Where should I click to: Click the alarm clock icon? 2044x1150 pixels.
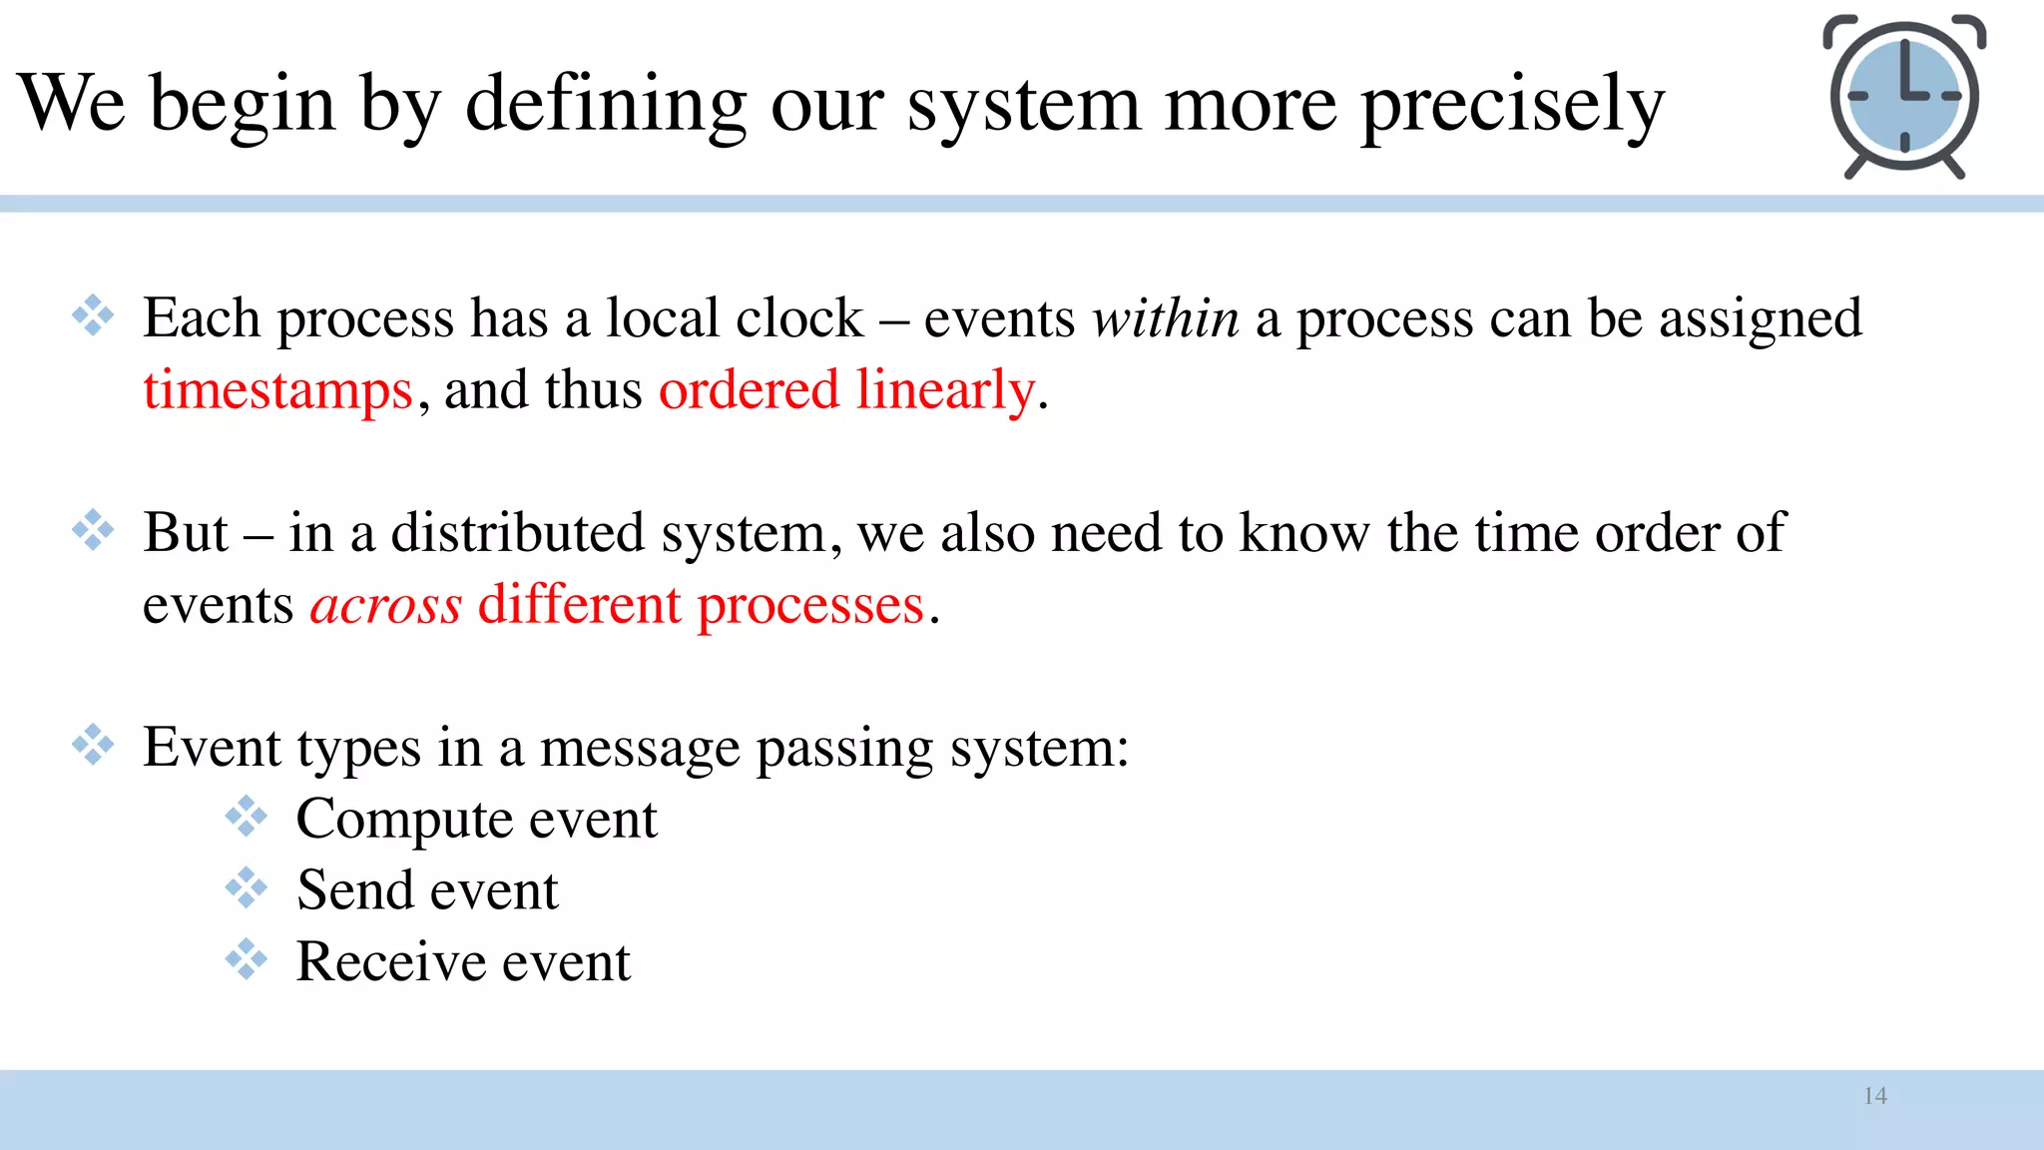1904,97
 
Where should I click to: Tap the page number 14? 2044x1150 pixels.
1874,1096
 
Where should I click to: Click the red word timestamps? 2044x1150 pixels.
277,390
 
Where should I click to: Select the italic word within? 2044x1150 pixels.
1165,319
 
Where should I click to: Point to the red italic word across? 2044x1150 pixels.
385,605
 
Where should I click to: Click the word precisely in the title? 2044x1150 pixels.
1513,104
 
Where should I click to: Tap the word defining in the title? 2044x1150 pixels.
606,104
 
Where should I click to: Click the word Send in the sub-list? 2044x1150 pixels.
354,890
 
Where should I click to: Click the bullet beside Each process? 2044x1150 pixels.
93,316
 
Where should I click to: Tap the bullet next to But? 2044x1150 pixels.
93,530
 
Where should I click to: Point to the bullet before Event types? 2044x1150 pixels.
93,745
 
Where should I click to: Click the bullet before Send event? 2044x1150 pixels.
247,888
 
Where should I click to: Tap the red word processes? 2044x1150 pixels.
810,605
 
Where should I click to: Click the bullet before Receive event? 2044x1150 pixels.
247,960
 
